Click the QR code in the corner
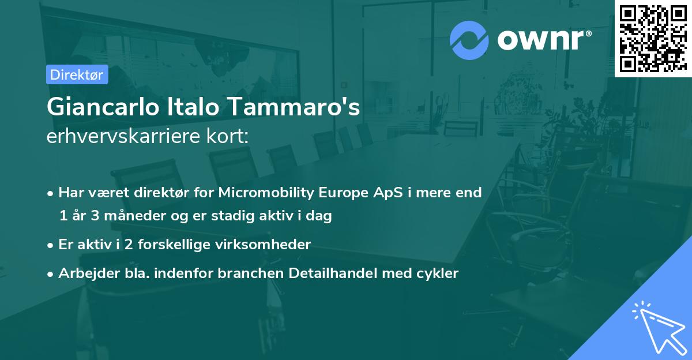click(653, 38)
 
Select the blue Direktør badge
click(77, 74)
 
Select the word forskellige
click(178, 244)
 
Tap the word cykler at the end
click(438, 273)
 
